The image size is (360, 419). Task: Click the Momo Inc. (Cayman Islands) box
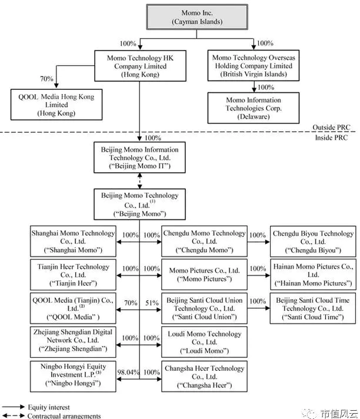(x=197, y=17)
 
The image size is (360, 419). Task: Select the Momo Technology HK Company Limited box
(x=140, y=66)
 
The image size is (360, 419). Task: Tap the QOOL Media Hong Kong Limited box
(x=56, y=105)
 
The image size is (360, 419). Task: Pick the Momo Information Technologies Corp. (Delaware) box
(x=254, y=108)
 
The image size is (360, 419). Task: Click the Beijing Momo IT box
(x=139, y=157)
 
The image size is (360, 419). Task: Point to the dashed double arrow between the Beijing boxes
(x=139, y=181)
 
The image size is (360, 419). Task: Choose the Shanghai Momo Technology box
(x=73, y=242)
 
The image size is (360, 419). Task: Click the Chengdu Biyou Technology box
(x=313, y=242)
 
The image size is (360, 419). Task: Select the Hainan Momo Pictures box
(x=313, y=274)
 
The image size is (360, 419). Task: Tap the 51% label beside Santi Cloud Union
(x=152, y=303)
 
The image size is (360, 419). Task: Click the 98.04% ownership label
(x=128, y=372)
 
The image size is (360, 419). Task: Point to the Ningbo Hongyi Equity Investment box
(x=73, y=377)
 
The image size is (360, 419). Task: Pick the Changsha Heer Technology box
(x=204, y=376)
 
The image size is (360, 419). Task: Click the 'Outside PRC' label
(x=331, y=128)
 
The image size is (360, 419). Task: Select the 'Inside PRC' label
(x=331, y=138)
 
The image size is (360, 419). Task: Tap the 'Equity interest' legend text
(x=49, y=407)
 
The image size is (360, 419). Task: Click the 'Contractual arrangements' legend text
(x=64, y=416)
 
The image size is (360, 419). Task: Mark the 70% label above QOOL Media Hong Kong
(x=46, y=79)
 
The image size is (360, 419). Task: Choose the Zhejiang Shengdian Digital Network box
(x=73, y=342)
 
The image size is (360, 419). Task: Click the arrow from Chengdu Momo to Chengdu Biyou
(x=259, y=242)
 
